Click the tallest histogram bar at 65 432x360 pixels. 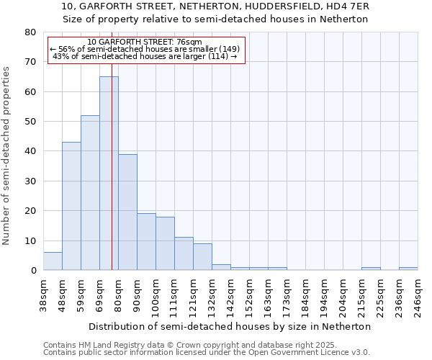coord(109,173)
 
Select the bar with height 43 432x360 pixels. coord(71,206)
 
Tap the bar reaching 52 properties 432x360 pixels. coord(90,192)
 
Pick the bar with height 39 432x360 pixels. coord(127,212)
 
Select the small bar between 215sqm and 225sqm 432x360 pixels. coord(371,269)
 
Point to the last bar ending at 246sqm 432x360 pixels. coord(408,269)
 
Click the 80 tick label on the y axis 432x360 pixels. coord(30,32)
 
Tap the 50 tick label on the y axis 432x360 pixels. coord(30,122)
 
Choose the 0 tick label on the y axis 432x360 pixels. coord(33,271)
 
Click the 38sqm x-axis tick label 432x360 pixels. coord(44,294)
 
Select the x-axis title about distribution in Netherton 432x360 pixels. coord(230,326)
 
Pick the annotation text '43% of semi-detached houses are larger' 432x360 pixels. coord(145,56)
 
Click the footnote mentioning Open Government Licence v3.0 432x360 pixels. coord(207,353)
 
